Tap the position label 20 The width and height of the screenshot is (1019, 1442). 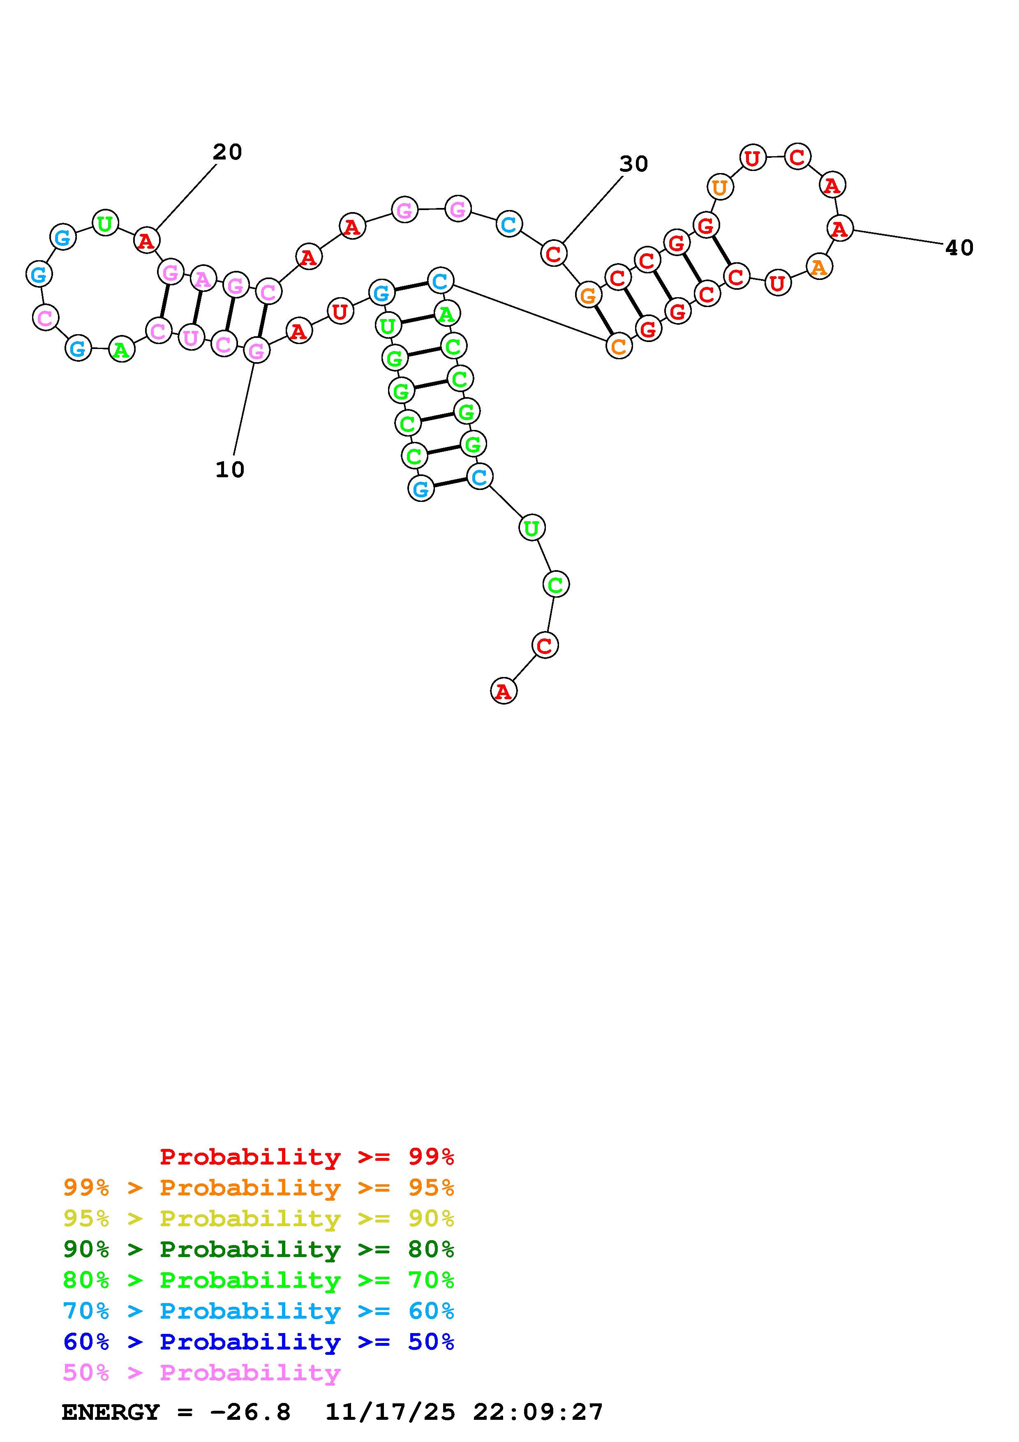pos(227,152)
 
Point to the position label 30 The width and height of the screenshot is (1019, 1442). pos(633,164)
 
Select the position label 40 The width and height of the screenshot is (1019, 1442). pos(959,248)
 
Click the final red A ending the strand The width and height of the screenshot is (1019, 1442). pos(503,691)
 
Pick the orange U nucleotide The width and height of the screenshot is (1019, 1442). pos(720,187)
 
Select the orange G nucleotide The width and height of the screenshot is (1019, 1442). pos(588,295)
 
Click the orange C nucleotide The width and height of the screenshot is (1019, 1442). pos(619,346)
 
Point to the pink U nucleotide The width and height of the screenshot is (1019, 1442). pos(191,338)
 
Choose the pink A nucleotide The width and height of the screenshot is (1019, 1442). pos(202,279)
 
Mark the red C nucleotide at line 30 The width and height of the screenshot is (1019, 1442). pos(553,254)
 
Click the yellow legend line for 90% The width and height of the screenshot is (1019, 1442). pos(258,1219)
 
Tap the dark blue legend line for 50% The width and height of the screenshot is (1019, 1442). pos(258,1342)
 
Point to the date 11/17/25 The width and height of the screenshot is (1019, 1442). pos(390,1412)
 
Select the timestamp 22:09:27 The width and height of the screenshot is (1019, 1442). pos(538,1412)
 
